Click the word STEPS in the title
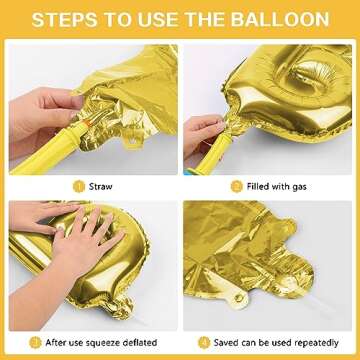coord(68,19)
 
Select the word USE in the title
coord(161,19)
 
